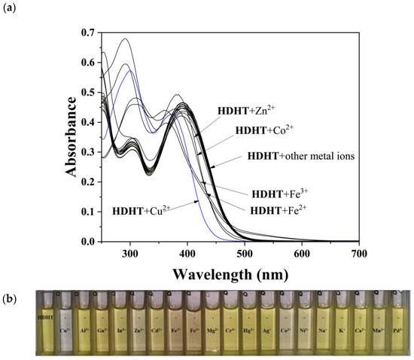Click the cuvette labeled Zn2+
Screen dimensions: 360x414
(137, 324)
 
